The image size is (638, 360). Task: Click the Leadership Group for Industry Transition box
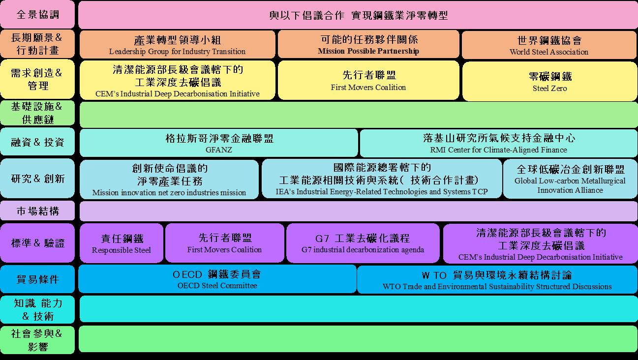point(177,44)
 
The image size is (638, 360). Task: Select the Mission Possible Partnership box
point(368,44)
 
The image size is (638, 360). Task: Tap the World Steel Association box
point(549,44)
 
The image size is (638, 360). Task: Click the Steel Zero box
point(549,80)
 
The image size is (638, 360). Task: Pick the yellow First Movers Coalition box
point(368,80)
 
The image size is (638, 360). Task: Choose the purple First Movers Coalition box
point(224,243)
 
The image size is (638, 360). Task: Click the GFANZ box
point(219,143)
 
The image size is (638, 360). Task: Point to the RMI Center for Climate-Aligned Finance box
point(498,143)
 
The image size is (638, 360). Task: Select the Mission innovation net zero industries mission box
point(169,180)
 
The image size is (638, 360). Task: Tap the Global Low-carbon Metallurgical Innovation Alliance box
point(570,179)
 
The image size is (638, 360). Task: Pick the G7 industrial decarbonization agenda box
point(363,243)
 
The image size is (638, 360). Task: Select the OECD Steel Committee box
point(217,279)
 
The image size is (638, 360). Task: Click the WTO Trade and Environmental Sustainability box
point(497,279)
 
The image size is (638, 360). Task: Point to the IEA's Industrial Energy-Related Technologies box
point(381,179)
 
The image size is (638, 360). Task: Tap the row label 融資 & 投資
point(38,143)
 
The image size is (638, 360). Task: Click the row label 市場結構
point(38,211)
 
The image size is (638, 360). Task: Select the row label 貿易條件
point(38,279)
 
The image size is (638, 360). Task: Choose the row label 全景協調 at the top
point(38,14)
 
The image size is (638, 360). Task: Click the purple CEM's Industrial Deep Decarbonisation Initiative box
point(540,243)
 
